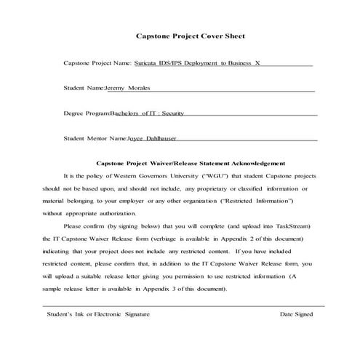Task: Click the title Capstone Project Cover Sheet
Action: [191, 35]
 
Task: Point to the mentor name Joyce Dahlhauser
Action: [152, 137]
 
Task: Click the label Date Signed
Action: [296, 314]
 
